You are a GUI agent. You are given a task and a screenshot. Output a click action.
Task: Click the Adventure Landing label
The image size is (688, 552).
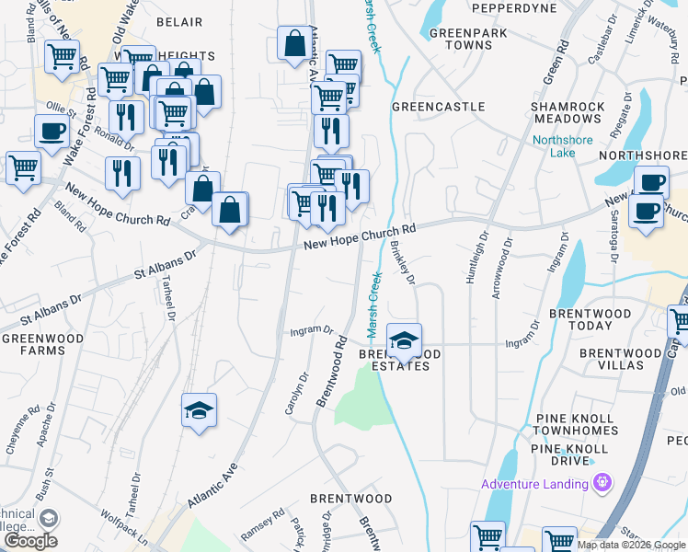pos(536,485)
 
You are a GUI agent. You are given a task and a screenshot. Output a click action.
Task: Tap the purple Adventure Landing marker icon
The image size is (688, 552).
pos(603,482)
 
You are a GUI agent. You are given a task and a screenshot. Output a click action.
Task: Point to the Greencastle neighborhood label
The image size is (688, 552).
pos(438,107)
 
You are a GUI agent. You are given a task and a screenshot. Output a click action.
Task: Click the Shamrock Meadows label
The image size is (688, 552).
pos(568,113)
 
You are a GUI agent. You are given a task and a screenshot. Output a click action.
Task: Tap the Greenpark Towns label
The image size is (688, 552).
pos(462,40)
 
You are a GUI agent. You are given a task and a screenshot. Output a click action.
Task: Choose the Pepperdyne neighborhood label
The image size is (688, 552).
pos(514,8)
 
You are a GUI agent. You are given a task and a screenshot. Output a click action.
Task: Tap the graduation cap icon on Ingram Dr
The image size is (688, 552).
pos(404,339)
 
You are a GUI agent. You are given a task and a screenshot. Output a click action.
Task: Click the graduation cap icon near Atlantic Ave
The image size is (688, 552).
pos(198,409)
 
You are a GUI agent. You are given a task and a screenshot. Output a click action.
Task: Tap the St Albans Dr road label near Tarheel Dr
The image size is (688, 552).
pos(166,264)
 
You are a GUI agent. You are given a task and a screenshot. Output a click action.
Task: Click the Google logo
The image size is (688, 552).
pos(30,541)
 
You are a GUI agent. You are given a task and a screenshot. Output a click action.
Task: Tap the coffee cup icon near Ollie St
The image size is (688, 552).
pos(52,130)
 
